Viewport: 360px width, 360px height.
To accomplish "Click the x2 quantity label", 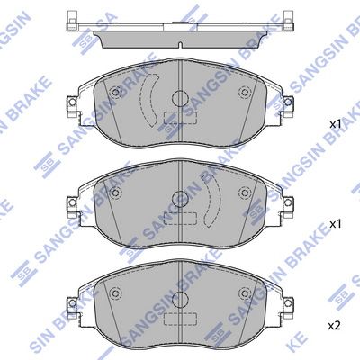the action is (x=335, y=326).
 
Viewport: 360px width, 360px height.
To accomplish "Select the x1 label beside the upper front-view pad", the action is (x=336, y=124).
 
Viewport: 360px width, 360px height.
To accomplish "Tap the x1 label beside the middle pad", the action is (x=336, y=224).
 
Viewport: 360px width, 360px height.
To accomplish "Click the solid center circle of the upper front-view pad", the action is (x=180, y=98).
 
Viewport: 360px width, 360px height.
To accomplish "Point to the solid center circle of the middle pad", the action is (x=180, y=199).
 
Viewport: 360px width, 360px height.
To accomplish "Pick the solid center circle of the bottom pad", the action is (x=180, y=299).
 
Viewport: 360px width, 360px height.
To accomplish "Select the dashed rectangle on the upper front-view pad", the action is (x=180, y=118).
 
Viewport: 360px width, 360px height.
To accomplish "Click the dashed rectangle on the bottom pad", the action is (x=180, y=319).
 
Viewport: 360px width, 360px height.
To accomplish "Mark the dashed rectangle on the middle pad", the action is (x=180, y=219).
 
